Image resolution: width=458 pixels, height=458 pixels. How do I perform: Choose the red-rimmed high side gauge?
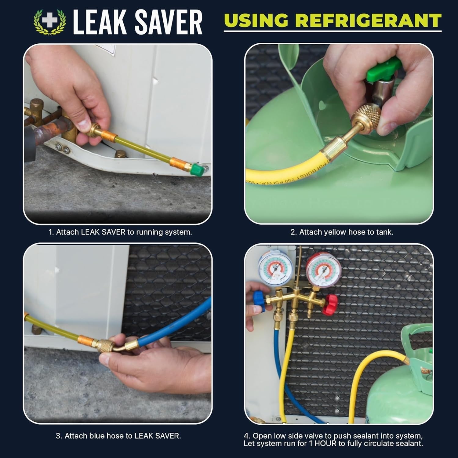pyautogui.click(x=323, y=269)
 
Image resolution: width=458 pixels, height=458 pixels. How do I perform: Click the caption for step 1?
pyautogui.click(x=120, y=232)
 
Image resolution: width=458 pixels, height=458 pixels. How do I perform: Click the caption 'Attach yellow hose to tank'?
pyautogui.click(x=342, y=232)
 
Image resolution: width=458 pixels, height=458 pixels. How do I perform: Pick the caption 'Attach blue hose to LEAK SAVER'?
pyautogui.click(x=118, y=436)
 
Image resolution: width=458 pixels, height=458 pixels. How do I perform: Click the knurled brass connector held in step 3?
pyautogui.click(x=107, y=348)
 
